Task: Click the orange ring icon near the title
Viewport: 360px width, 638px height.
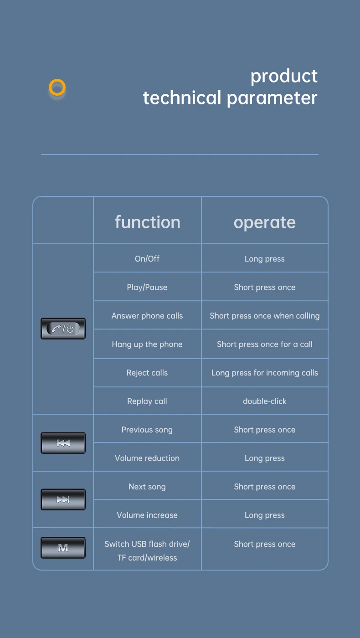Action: click(x=57, y=87)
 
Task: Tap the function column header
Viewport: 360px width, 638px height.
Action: click(x=147, y=222)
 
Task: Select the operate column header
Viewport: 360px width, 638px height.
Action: click(x=264, y=222)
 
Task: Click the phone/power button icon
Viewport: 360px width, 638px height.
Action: click(x=63, y=329)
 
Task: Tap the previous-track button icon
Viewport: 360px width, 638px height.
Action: click(x=63, y=443)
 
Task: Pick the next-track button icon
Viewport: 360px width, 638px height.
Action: click(x=63, y=499)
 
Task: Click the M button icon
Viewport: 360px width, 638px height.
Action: click(x=63, y=548)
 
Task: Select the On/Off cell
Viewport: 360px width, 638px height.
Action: click(x=147, y=258)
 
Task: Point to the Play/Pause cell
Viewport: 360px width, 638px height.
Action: click(x=147, y=287)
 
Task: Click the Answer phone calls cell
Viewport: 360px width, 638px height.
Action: click(x=147, y=315)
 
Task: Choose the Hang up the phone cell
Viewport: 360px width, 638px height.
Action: click(x=147, y=344)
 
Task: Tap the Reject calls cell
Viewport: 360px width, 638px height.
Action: click(x=147, y=373)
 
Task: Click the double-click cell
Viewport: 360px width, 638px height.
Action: click(x=264, y=401)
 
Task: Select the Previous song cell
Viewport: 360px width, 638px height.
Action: click(x=147, y=430)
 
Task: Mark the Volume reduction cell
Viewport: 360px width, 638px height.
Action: click(x=147, y=458)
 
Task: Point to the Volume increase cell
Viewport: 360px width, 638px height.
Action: click(x=147, y=515)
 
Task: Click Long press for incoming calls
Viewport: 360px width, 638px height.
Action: click(x=264, y=373)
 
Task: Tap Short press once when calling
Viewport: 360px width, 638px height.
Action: click(x=264, y=315)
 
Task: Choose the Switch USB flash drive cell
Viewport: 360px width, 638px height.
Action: click(x=147, y=550)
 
